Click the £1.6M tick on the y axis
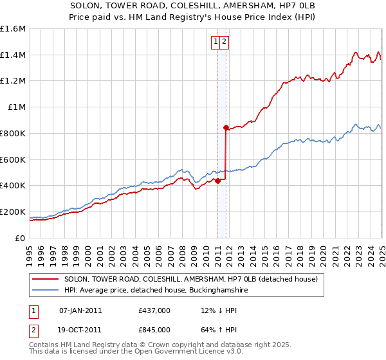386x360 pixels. point(13,29)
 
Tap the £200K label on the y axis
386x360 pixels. point(13,212)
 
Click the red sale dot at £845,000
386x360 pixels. point(226,127)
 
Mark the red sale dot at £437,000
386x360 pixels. point(217,181)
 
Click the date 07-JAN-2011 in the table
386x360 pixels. point(80,310)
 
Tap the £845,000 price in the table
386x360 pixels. point(154,329)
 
